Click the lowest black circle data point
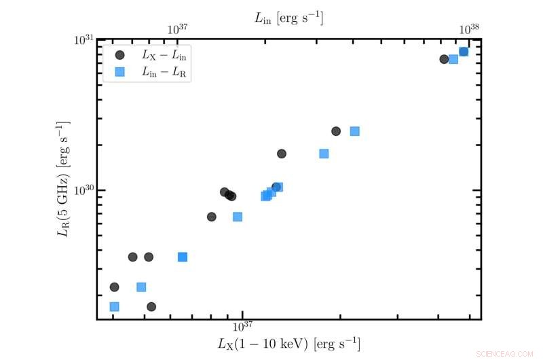tap(151, 306)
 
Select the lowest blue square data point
tap(114, 306)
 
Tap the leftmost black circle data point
tap(114, 287)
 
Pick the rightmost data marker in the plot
tap(464, 52)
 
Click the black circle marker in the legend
tap(119, 55)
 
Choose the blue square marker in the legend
tap(119, 71)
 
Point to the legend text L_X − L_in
tap(160, 55)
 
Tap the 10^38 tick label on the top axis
tap(470, 29)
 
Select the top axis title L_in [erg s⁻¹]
tap(288, 18)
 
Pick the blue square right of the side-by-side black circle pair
tap(183, 257)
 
